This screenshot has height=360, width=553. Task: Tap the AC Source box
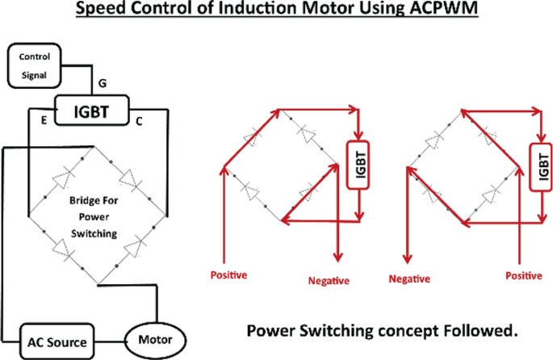pos(57,341)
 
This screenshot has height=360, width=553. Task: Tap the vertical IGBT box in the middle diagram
pos(355,165)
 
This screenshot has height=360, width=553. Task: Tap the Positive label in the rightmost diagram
pos(523,275)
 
